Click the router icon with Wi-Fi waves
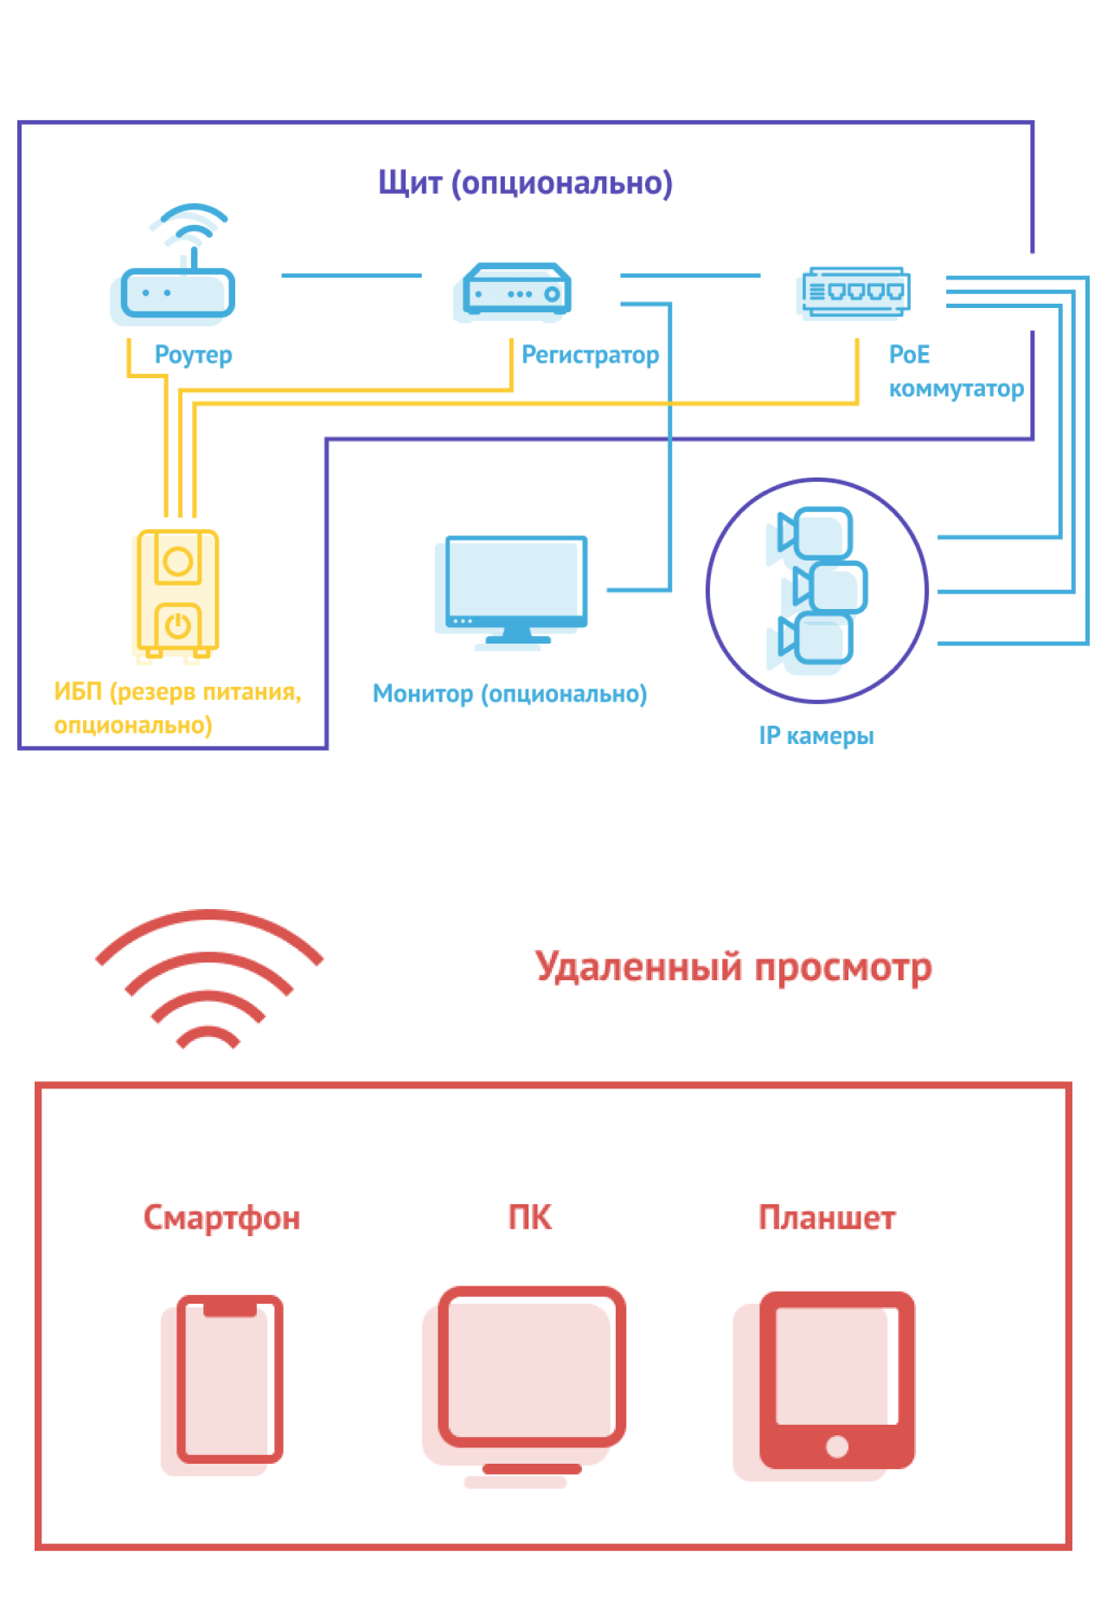[176, 268]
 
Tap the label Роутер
[193, 355]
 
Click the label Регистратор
[590, 355]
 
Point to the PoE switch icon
[854, 292]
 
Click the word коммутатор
[956, 388]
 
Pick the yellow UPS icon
[178, 593]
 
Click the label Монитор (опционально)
[509, 694]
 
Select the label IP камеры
[816, 735]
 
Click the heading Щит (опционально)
[525, 183]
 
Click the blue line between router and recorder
[351, 276]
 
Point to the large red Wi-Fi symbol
[208, 978]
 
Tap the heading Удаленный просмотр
[733, 966]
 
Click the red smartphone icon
[229, 1379]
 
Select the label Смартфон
[221, 1217]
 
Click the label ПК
[529, 1217]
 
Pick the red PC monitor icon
[531, 1376]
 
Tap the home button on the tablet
[836, 1446]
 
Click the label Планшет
[827, 1217]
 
